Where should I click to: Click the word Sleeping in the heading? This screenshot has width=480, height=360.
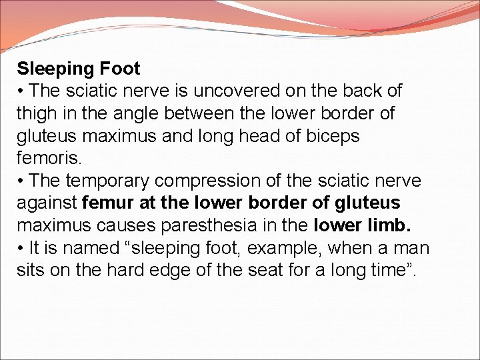pos(56,69)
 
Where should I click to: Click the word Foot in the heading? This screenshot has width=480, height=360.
pos(120,69)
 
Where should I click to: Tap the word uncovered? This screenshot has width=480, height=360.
pos(227,91)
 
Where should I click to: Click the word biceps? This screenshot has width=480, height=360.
pos(333,137)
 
